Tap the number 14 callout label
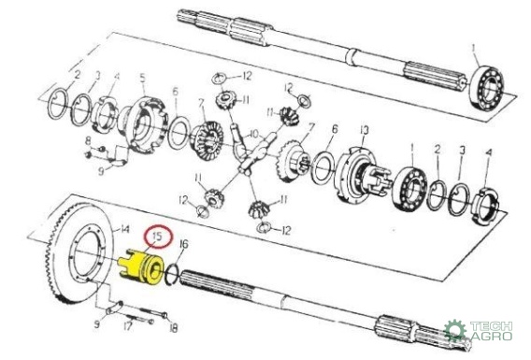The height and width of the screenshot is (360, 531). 124,230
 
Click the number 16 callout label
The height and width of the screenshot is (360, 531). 184,243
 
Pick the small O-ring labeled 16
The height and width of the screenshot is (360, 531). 171,274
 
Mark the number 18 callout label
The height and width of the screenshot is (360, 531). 173,327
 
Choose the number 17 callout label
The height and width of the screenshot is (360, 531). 127,326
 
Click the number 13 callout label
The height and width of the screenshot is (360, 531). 365,130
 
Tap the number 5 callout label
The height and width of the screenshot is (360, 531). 143,78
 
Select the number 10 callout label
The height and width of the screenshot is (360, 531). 254,134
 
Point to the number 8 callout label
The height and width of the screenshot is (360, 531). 88,140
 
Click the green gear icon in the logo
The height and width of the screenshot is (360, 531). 454,330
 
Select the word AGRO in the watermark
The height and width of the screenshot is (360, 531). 492,336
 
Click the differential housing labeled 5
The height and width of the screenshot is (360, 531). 143,125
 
